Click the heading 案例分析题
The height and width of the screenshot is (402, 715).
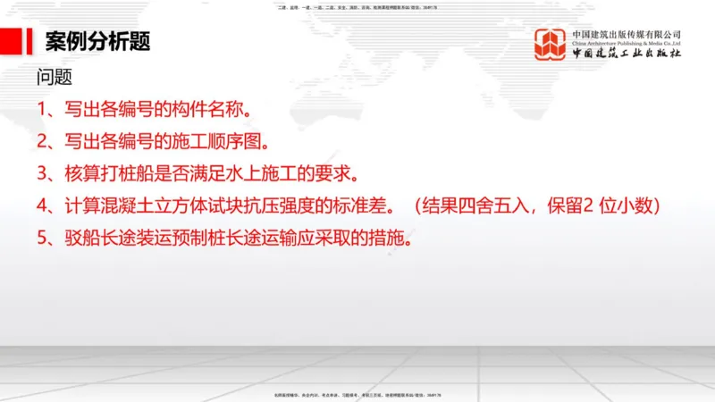[x=97, y=41]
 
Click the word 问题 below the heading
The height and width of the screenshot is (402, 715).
[x=54, y=78]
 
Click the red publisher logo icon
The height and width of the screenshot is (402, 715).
[x=551, y=45]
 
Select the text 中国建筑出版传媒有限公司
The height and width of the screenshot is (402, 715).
[x=627, y=33]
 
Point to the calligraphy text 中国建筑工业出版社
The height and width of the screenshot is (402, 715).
[x=627, y=54]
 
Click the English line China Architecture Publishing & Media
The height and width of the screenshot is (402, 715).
[x=627, y=42]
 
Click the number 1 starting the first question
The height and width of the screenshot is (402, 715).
[x=41, y=110]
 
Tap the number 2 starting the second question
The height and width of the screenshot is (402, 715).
[x=42, y=141]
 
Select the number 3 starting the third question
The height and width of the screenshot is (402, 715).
[x=42, y=173]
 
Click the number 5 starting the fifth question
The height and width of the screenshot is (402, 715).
[x=42, y=239]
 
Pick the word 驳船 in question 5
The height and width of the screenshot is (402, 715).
[x=78, y=239]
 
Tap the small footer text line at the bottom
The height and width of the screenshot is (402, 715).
[x=357, y=395]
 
